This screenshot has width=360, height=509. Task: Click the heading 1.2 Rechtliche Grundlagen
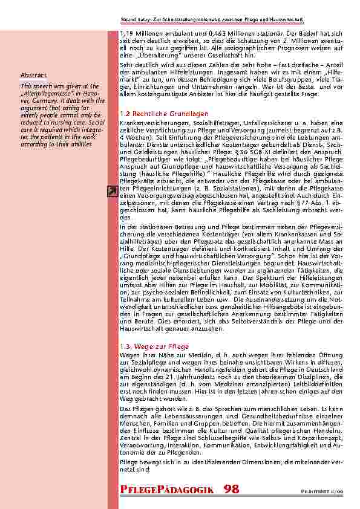tap(155, 114)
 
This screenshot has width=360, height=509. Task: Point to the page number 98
tap(231, 488)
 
